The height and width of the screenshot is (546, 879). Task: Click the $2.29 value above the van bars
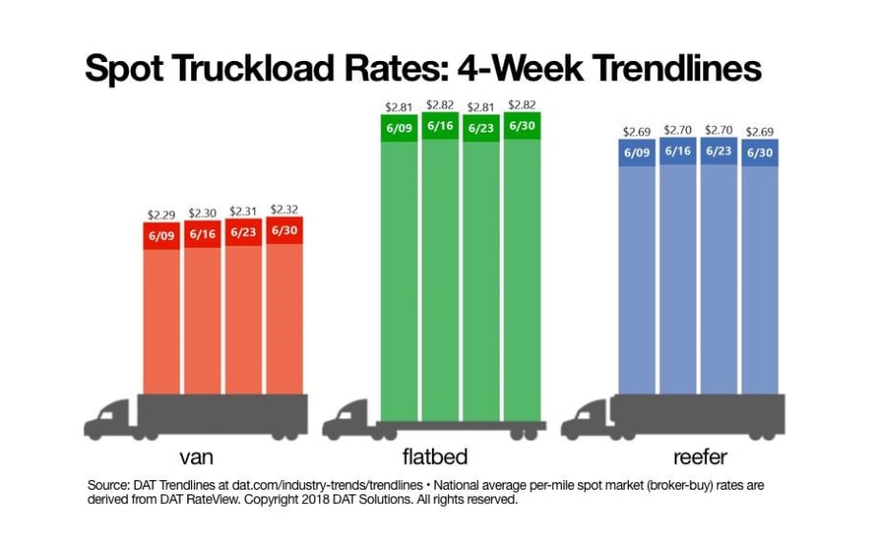tap(162, 216)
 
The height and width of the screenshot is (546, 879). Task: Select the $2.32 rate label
tap(284, 209)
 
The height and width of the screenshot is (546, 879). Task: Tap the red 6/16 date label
tap(203, 235)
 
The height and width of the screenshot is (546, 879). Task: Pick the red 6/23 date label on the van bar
tap(244, 233)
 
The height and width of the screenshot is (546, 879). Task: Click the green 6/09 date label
tap(399, 127)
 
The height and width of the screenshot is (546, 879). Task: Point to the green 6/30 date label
tap(522, 126)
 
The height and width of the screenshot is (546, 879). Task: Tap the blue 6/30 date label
tap(760, 152)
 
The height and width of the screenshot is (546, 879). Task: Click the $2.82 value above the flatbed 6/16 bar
tap(439, 105)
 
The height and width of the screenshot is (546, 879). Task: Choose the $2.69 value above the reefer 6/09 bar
tap(637, 132)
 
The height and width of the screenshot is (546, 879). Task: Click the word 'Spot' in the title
tap(129, 68)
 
